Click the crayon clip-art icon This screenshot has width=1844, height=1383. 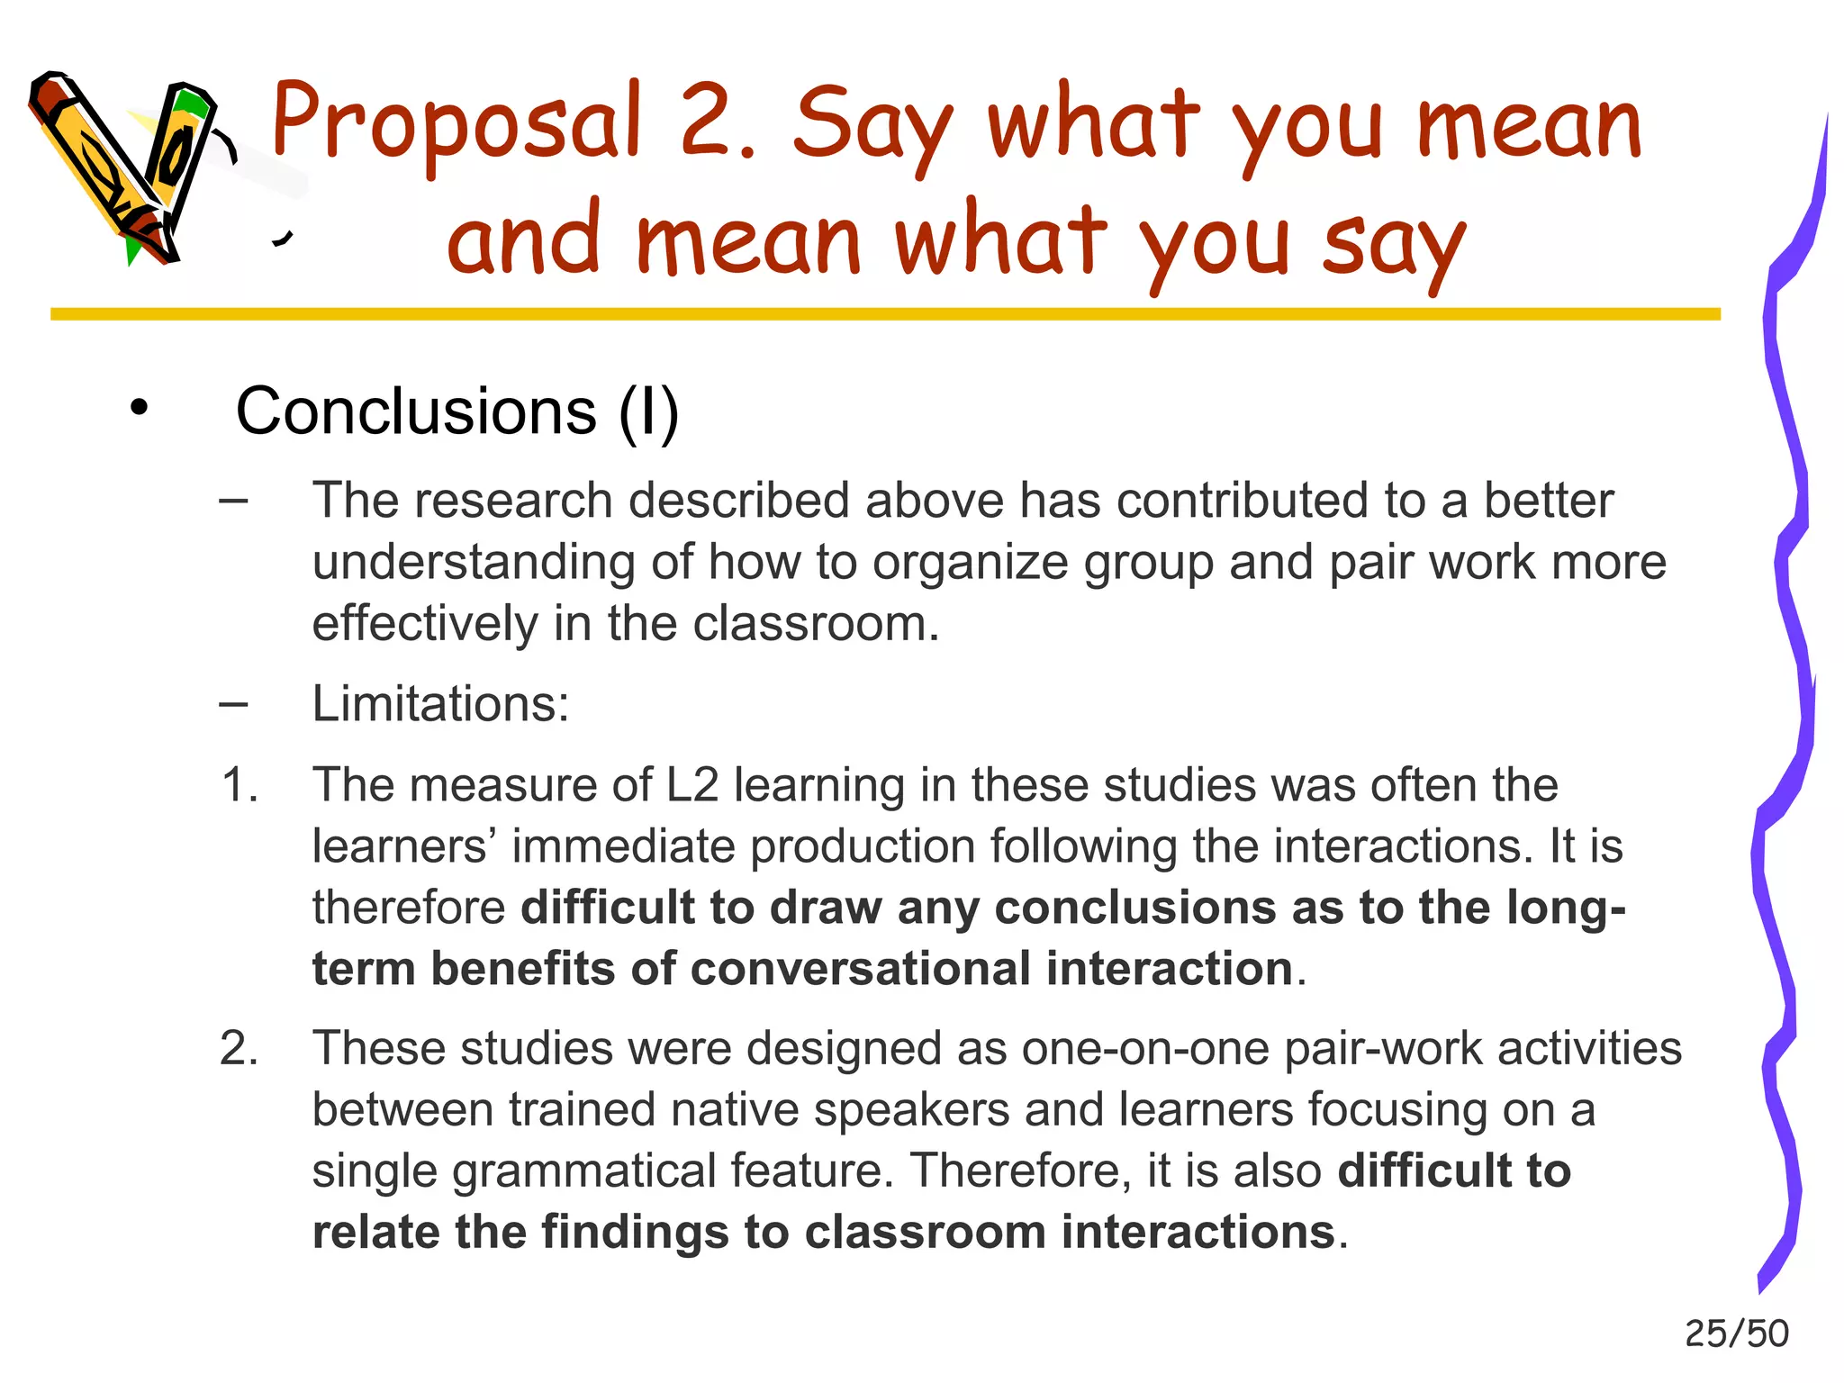[126, 167]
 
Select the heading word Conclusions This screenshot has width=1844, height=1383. [416, 411]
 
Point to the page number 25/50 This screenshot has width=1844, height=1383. [1736, 1333]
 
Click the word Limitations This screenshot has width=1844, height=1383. [440, 703]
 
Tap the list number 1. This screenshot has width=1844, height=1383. [240, 785]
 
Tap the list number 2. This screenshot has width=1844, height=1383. [240, 1048]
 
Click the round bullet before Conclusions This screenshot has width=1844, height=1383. [138, 408]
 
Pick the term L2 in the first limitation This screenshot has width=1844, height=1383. [691, 785]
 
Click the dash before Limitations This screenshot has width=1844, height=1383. [233, 703]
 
